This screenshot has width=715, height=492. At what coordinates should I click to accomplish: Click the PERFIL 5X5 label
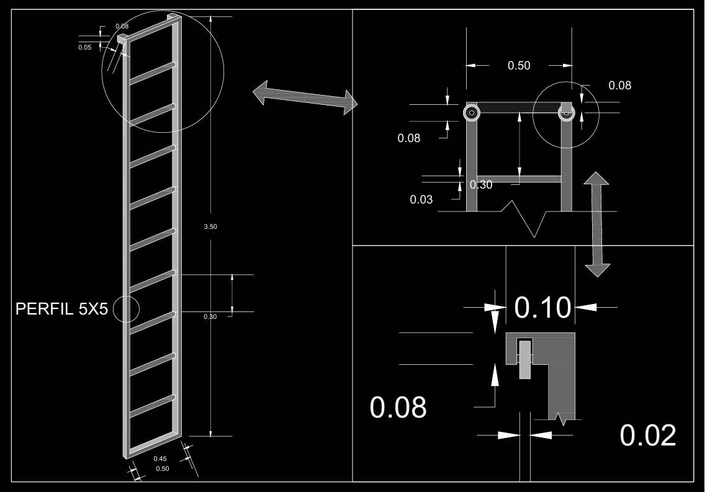61,309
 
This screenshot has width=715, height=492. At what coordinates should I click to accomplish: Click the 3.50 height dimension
210,226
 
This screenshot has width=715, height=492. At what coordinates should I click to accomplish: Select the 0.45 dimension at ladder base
160,458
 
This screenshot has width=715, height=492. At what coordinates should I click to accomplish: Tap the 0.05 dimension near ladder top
85,47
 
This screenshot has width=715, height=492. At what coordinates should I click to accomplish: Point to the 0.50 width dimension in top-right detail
519,66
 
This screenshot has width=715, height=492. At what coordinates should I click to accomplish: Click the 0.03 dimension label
421,200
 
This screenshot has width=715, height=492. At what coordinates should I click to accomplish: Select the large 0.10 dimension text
542,307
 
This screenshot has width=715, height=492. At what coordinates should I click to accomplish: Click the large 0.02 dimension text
647,436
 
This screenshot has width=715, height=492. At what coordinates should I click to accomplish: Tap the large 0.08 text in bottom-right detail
398,407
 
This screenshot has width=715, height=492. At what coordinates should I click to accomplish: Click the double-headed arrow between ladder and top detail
305,97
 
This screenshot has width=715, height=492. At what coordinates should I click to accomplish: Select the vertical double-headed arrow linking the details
597,225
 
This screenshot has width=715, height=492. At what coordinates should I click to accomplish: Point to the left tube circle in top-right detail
472,113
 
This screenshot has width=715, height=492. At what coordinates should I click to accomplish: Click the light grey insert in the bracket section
525,359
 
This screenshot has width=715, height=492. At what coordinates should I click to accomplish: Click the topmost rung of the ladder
153,73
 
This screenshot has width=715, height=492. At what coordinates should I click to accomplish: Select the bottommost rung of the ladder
153,406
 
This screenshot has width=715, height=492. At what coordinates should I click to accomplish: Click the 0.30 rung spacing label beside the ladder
210,317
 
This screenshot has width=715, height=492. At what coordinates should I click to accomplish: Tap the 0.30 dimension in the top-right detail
481,185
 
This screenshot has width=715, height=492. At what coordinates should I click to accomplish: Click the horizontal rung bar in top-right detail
519,179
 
